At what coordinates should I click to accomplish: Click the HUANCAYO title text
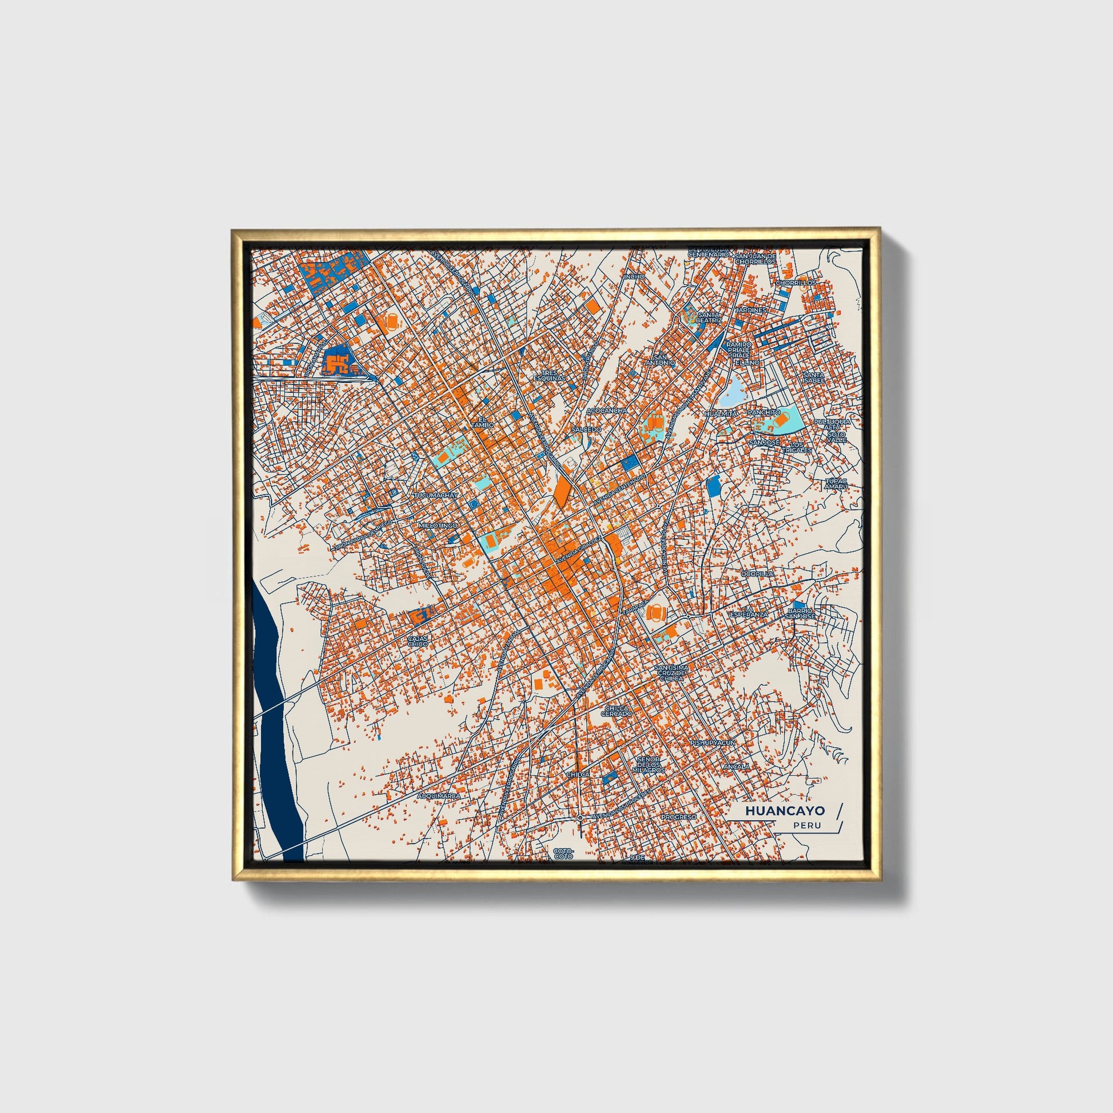click(x=785, y=810)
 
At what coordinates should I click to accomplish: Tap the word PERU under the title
click(x=806, y=825)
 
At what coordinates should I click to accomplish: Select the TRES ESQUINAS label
click(x=549, y=376)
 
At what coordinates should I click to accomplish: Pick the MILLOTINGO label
click(x=439, y=526)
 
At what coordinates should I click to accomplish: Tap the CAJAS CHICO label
click(x=418, y=641)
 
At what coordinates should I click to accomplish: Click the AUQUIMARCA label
click(x=439, y=796)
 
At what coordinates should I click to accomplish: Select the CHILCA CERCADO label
click(x=617, y=711)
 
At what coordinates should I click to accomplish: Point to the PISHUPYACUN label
click(x=713, y=742)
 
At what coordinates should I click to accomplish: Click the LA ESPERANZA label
click(x=749, y=613)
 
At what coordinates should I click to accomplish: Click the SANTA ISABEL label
click(x=813, y=377)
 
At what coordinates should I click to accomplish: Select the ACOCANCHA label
click(x=607, y=411)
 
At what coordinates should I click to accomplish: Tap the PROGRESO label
click(x=679, y=817)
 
